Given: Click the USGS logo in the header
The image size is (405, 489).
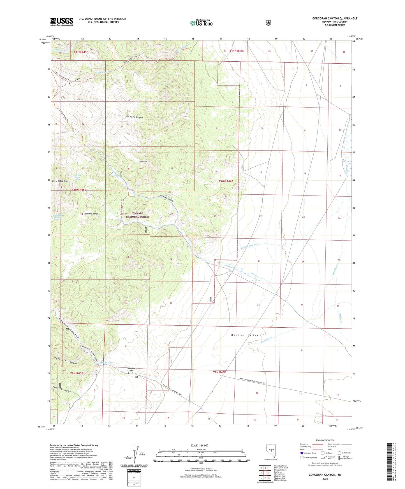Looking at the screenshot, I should coord(62,22).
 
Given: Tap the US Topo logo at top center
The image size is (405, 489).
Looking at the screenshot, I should coord(201,23).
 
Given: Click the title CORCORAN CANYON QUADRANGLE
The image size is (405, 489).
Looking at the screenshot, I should coord(335,18).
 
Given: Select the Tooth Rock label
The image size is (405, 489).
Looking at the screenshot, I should coord(143,162).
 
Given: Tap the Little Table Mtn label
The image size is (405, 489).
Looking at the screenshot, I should coord(60,181).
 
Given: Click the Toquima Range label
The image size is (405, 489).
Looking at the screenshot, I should coord(91,214).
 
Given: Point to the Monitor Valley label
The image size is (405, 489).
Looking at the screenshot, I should coord(245,335).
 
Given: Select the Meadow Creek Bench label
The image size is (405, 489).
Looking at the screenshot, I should coord(131,371).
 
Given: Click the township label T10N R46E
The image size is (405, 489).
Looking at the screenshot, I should coord(226,181).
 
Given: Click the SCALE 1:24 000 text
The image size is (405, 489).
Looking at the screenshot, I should coord(199,445).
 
